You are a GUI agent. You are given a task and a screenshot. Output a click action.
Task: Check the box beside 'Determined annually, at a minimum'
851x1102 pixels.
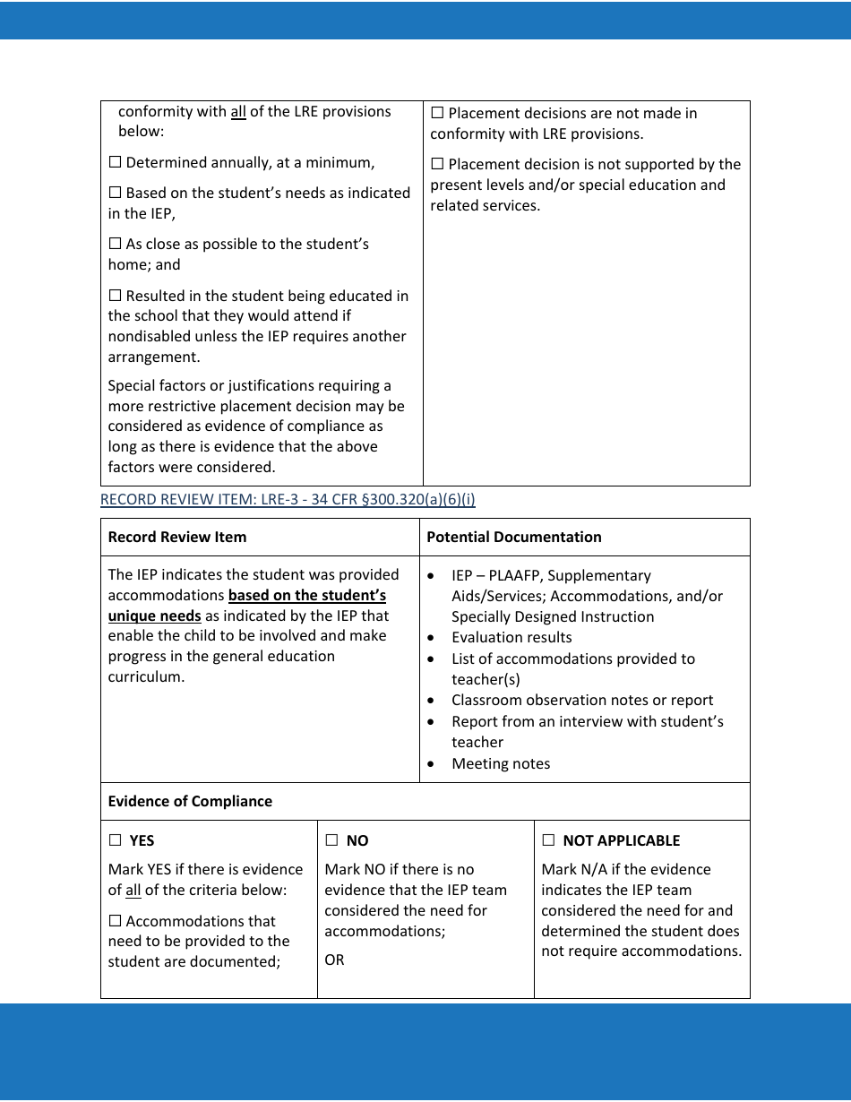click(115, 163)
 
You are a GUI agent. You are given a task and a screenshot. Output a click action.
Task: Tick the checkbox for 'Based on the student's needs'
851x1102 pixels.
click(115, 194)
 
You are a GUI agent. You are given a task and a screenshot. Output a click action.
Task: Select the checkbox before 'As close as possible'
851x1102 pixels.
click(115, 245)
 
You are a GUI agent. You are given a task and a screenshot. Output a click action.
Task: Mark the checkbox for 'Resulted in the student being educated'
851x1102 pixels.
click(115, 297)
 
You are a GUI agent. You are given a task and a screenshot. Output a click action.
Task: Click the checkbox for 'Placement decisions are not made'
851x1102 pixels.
click(437, 114)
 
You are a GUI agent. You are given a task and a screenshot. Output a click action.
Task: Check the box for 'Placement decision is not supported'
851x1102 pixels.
click(437, 165)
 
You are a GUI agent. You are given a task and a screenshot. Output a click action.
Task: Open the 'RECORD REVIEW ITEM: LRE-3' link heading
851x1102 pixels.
click(288, 500)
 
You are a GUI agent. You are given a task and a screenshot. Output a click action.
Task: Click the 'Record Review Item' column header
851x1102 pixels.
click(176, 538)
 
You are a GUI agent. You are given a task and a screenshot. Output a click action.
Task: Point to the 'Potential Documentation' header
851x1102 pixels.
click(513, 538)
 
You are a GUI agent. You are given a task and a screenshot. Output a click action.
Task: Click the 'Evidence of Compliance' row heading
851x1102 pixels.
click(190, 802)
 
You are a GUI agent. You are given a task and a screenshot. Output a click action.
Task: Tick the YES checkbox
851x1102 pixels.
click(115, 841)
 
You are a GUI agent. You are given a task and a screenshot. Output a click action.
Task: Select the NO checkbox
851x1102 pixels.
click(331, 841)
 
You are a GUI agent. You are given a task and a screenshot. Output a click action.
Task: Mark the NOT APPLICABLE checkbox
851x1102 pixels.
click(548, 841)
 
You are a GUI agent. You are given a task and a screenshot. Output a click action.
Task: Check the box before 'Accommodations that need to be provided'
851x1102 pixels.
click(115, 922)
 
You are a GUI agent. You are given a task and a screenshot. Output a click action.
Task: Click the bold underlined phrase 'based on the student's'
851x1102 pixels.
click(306, 596)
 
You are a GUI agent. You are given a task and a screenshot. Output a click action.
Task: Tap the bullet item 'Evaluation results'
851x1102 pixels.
click(511, 638)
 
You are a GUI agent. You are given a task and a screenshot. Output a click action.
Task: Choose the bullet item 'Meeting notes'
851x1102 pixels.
click(501, 764)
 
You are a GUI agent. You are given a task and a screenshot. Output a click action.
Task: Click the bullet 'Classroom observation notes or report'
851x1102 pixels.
click(582, 701)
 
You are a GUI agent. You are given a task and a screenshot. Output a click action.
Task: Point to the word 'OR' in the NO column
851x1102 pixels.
click(334, 960)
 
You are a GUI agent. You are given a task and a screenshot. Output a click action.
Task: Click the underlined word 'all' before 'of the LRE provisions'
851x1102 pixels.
click(238, 112)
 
